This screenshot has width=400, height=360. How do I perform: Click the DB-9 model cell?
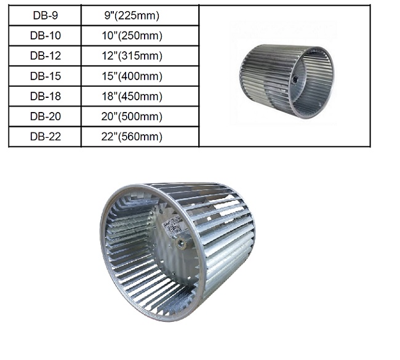[45, 15]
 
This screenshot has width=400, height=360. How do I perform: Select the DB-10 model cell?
[45, 36]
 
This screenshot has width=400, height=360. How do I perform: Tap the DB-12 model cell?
[45, 55]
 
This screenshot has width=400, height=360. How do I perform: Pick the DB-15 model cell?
[45, 76]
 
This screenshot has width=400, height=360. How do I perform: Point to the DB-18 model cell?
[45, 96]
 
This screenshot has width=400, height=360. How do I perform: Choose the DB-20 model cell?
[45, 116]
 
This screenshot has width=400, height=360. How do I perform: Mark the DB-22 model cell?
[45, 137]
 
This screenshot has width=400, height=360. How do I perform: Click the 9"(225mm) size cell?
[140, 15]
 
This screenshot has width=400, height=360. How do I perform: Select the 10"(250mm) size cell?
[140, 36]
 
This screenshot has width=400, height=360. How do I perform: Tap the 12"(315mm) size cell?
[140, 55]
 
